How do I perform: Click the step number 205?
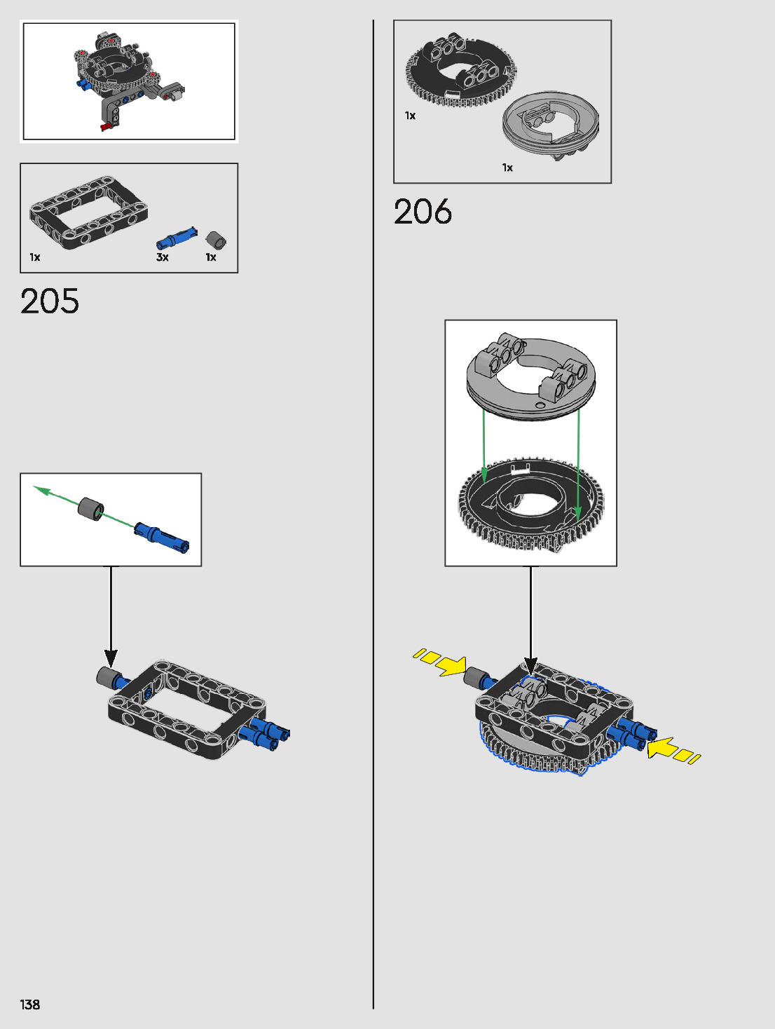tap(50, 301)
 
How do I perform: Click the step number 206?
tap(423, 212)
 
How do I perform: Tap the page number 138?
tap(30, 1004)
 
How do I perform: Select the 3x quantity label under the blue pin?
tap(163, 257)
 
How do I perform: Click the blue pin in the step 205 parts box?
tap(176, 238)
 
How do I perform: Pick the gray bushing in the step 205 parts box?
tap(216, 240)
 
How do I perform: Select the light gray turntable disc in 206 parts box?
tap(551, 125)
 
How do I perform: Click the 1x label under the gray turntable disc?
tap(507, 168)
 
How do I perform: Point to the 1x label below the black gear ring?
tap(410, 116)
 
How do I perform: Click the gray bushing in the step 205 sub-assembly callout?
tap(90, 508)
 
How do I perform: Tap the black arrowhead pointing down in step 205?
tap(111, 658)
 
